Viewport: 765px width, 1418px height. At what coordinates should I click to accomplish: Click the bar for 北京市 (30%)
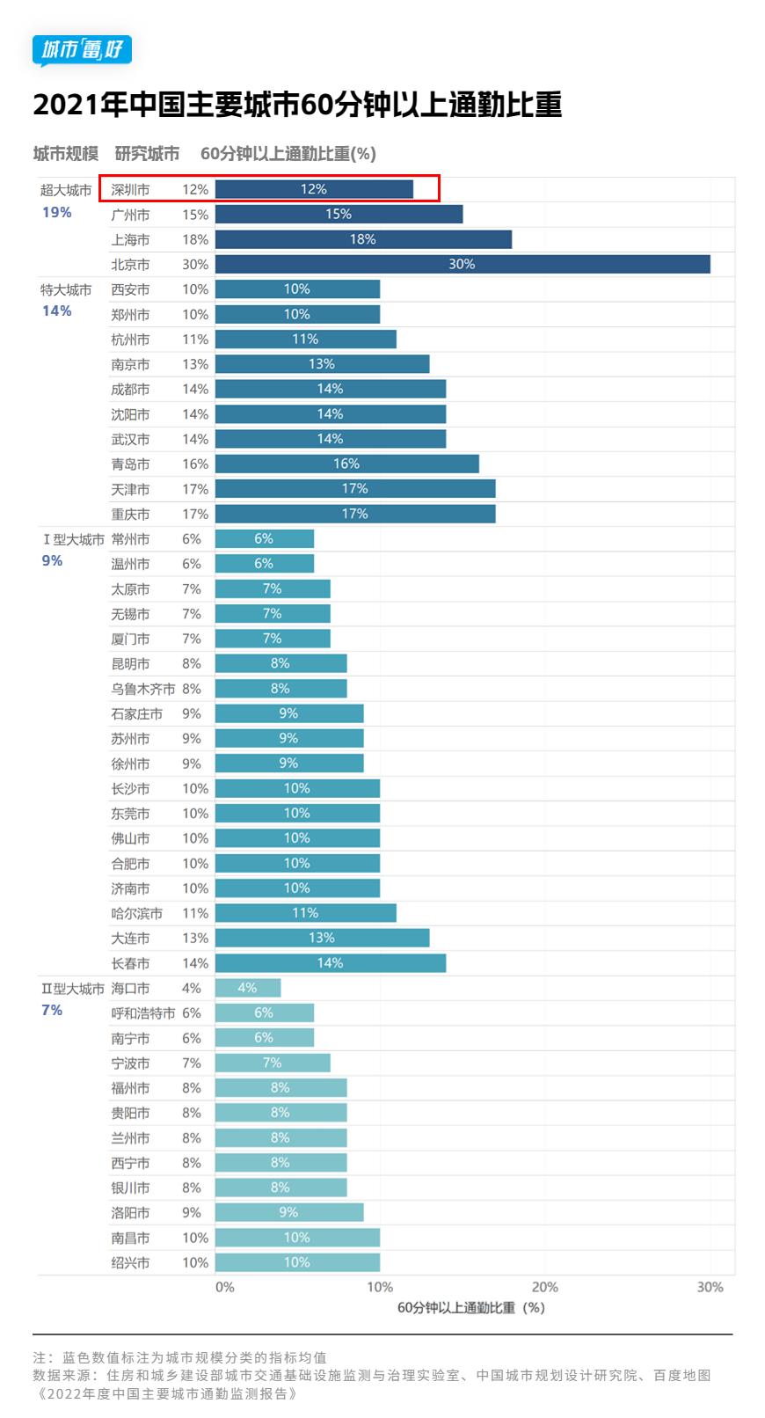(x=463, y=264)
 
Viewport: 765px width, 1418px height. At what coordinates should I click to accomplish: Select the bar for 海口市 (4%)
(x=248, y=988)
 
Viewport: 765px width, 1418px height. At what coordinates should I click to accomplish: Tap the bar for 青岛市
(x=346, y=464)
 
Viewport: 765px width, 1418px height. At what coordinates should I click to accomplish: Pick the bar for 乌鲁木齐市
(x=280, y=688)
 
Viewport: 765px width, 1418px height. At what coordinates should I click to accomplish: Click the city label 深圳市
(x=130, y=189)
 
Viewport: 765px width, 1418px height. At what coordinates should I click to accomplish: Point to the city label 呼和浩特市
(x=142, y=1013)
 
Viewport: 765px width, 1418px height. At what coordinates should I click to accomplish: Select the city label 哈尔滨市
(x=136, y=913)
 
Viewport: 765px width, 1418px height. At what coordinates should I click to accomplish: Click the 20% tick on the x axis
(x=544, y=1287)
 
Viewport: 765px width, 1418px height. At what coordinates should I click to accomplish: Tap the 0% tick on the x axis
(x=225, y=1287)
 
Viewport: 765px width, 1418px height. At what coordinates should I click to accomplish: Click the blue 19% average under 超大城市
(x=56, y=212)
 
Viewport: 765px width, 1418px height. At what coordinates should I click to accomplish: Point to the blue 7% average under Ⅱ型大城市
(x=52, y=1010)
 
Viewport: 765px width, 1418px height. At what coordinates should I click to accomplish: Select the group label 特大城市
(x=66, y=289)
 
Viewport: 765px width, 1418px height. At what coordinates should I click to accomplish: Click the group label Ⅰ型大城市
(x=73, y=539)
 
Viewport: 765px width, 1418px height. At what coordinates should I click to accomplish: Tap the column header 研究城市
(x=147, y=153)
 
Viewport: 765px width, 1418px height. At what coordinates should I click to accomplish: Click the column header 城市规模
(x=66, y=153)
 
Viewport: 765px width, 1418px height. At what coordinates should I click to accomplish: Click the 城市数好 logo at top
(x=82, y=50)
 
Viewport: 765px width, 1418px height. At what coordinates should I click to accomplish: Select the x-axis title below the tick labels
(x=470, y=1307)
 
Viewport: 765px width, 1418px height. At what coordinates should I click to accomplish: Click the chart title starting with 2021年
(x=297, y=105)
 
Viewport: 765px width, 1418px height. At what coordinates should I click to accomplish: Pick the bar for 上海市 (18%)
(x=363, y=239)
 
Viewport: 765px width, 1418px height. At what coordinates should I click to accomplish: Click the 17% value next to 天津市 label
(x=195, y=489)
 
